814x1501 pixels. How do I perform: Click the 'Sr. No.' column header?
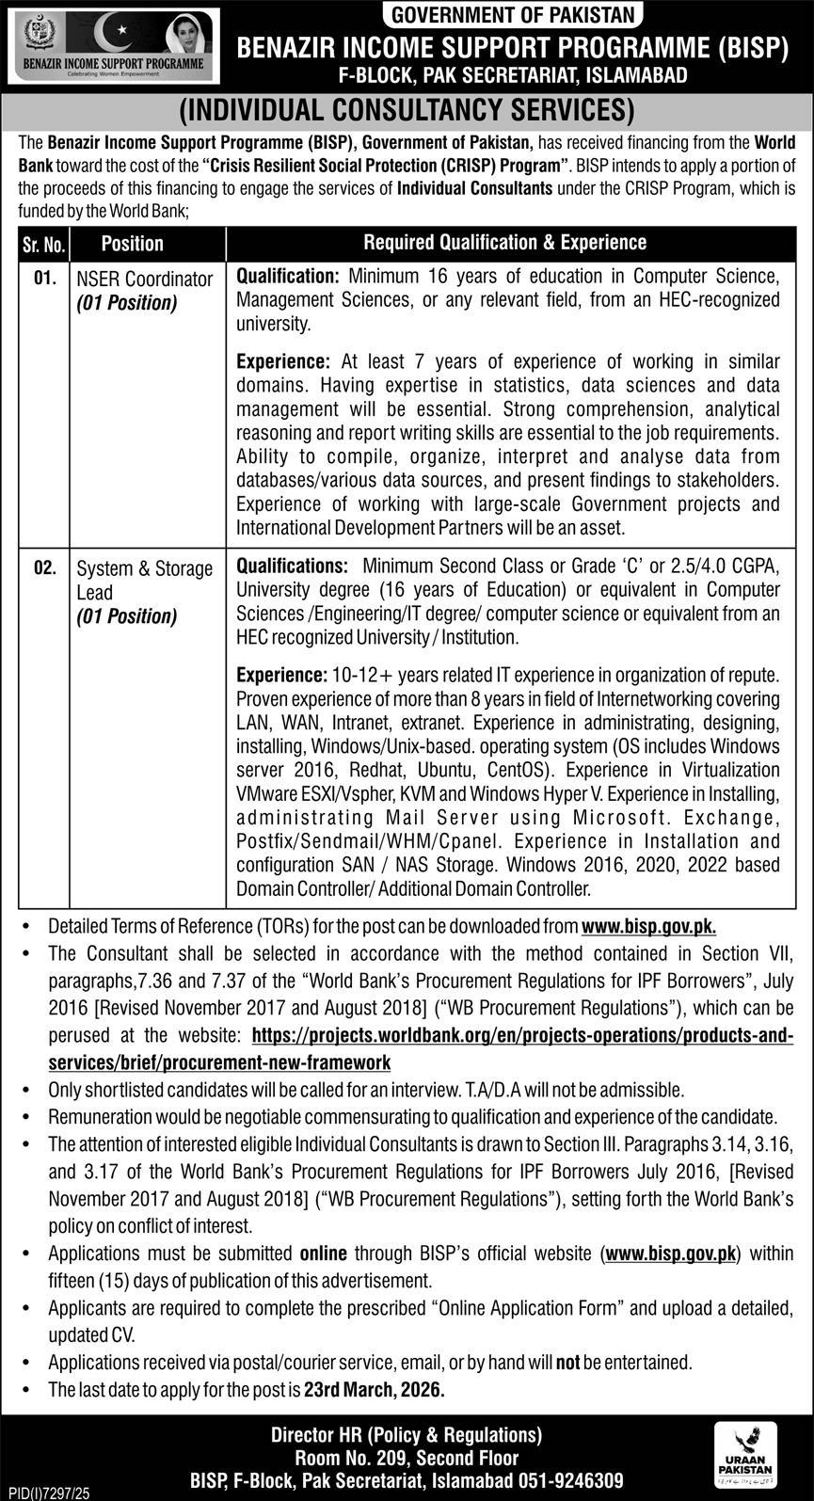(x=42, y=244)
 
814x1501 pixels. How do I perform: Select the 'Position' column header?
(x=133, y=244)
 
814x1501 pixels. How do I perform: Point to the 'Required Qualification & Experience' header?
(x=505, y=243)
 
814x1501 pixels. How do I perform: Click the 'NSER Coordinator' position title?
(x=145, y=279)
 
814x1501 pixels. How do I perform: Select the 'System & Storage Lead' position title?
(x=145, y=581)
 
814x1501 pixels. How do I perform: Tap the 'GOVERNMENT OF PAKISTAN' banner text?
(x=513, y=15)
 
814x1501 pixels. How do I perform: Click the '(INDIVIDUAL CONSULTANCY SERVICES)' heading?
(x=407, y=110)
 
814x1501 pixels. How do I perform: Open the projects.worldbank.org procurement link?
(x=522, y=1036)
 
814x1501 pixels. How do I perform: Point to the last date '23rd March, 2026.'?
(x=375, y=1389)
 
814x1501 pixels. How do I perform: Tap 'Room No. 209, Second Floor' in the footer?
(x=407, y=1458)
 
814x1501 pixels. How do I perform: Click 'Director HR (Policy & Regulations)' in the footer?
(x=407, y=1435)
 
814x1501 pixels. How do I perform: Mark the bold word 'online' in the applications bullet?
(x=323, y=1253)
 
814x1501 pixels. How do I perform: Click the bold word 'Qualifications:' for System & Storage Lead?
(x=292, y=567)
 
